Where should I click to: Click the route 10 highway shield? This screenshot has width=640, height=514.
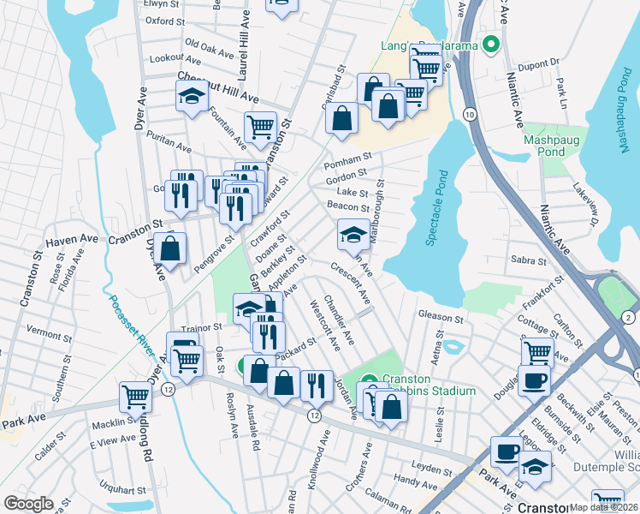tap(470, 113)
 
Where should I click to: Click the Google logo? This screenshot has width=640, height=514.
tap(29, 504)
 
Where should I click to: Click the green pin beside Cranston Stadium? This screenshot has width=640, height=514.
tap(369, 381)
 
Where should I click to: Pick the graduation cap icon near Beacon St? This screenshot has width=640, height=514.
tap(353, 233)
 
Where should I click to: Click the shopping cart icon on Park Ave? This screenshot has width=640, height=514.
tap(136, 396)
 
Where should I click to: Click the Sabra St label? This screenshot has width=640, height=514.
tap(529, 260)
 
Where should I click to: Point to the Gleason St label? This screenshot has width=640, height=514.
tap(441, 317)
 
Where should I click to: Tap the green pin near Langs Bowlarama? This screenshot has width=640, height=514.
tap(491, 45)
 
